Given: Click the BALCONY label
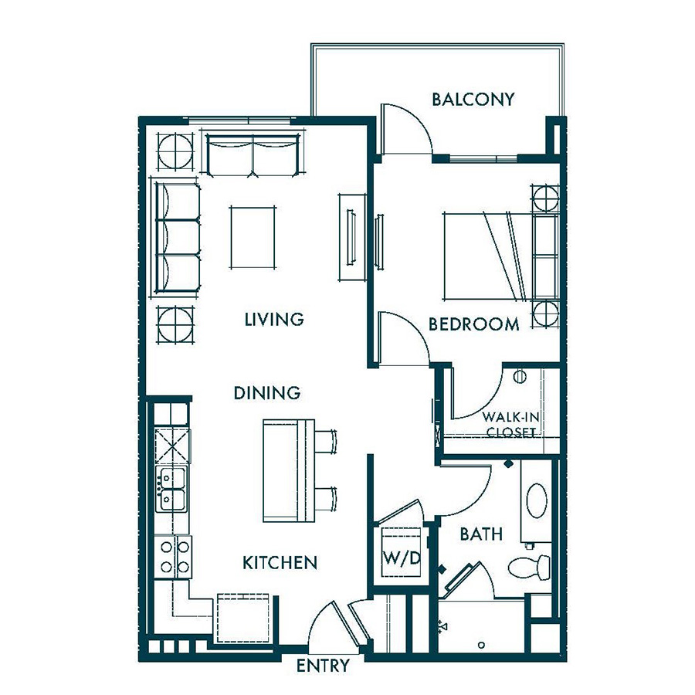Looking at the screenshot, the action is point(473,100).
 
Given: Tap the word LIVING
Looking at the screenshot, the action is point(274,319).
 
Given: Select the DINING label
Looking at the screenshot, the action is point(267,393).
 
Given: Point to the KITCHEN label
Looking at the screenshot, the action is point(280,563).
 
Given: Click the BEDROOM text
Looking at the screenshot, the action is point(474,324).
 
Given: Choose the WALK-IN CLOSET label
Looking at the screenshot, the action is point(510,424).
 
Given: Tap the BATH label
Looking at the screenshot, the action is point(481,534).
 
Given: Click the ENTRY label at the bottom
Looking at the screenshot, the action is point(323,666).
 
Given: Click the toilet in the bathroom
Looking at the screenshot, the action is point(529,566).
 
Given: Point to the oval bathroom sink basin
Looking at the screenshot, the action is point(537,500).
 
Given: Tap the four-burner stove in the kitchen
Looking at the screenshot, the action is point(173,557).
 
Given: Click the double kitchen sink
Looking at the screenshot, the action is point(171,489).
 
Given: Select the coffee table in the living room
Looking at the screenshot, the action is point(253,237).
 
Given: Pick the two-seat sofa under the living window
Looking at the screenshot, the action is point(253,154).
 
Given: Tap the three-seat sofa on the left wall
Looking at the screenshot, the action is point(177,237).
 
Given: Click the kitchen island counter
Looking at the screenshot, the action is point(289,470).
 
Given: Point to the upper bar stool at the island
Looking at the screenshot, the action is point(326,441).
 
